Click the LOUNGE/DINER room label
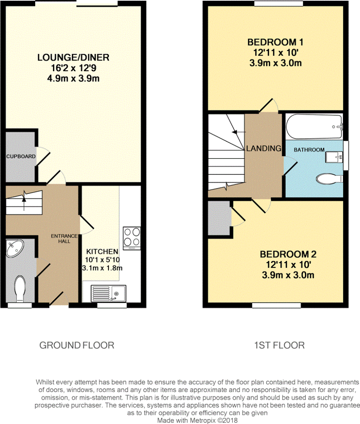tap(73, 57)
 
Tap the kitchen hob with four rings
tap(132, 238)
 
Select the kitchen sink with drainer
tap(109, 293)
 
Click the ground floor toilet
tap(20, 289)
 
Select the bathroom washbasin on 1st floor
tap(334, 157)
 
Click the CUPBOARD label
tap(21, 156)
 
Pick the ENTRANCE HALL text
tap(64, 238)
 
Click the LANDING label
tap(264, 148)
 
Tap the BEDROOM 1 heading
tap(276, 42)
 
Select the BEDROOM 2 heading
tap(288, 254)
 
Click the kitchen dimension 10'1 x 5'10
tap(103, 260)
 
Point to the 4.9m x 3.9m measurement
tap(73, 78)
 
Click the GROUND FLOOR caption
tap(77, 345)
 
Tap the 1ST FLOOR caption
tap(279, 345)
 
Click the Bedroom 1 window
tap(278, 3)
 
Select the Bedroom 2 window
tap(276, 305)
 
